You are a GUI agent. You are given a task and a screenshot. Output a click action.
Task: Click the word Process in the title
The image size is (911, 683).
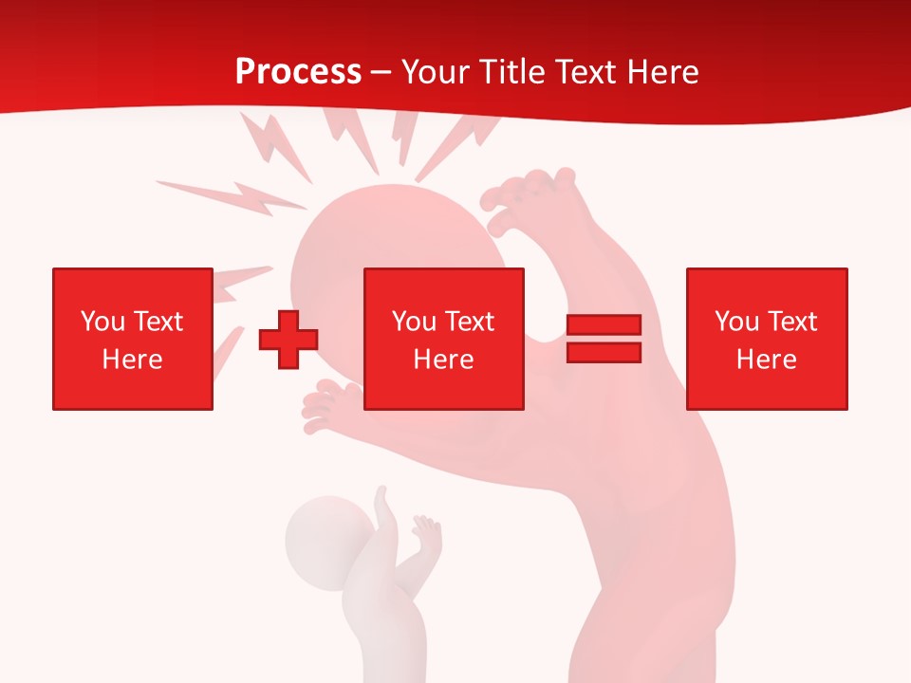point(298,72)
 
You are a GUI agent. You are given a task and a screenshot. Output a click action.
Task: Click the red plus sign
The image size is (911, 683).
point(288,339)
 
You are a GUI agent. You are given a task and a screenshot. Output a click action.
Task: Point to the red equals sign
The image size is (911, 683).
point(604,339)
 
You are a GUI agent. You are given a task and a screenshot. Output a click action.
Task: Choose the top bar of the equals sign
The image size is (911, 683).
point(604,325)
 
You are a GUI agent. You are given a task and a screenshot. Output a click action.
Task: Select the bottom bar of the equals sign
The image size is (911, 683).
point(604,352)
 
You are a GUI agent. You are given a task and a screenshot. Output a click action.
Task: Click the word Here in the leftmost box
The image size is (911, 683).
point(133,360)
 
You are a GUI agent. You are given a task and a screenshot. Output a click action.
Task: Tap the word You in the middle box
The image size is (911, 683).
point(414,322)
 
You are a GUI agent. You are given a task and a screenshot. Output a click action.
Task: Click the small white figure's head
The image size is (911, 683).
point(323,537)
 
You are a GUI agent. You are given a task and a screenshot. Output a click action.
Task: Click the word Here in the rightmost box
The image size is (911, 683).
point(767,360)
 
